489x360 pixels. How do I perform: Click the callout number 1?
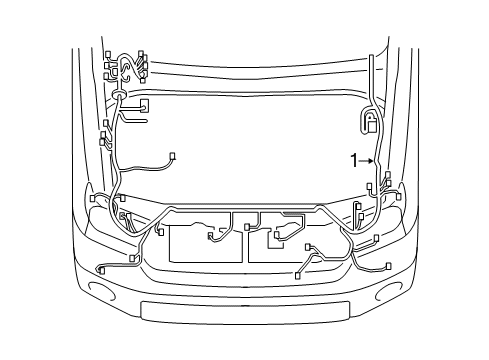click(353, 158)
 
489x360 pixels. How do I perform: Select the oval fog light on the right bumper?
click(387, 293)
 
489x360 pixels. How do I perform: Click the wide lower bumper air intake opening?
click(244, 309)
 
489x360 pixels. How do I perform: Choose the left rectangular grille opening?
click(204, 244)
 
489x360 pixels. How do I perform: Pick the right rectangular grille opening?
click(296, 244)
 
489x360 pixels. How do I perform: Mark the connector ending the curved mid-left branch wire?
click(173, 155)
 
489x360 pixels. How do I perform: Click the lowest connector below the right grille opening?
click(299, 273)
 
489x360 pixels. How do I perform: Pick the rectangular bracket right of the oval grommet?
click(146, 105)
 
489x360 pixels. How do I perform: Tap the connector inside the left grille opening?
click(211, 238)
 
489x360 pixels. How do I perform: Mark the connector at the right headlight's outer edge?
click(398, 196)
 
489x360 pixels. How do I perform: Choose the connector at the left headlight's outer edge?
click(92, 198)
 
